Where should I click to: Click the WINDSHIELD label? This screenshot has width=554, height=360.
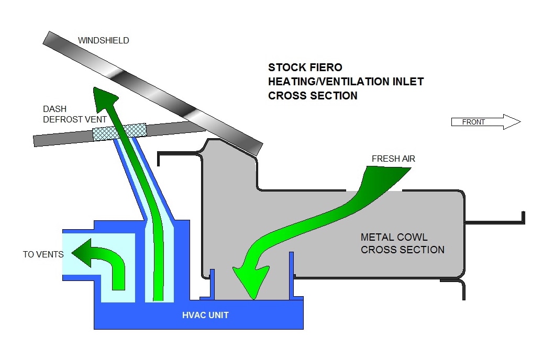click(103, 40)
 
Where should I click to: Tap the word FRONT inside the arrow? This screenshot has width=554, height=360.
click(473, 122)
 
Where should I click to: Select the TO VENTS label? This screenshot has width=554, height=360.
click(43, 255)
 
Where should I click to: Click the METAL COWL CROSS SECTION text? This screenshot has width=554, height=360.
click(402, 243)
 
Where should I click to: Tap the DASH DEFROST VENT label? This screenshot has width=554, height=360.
click(75, 114)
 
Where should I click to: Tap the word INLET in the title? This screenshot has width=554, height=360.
click(407, 82)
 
